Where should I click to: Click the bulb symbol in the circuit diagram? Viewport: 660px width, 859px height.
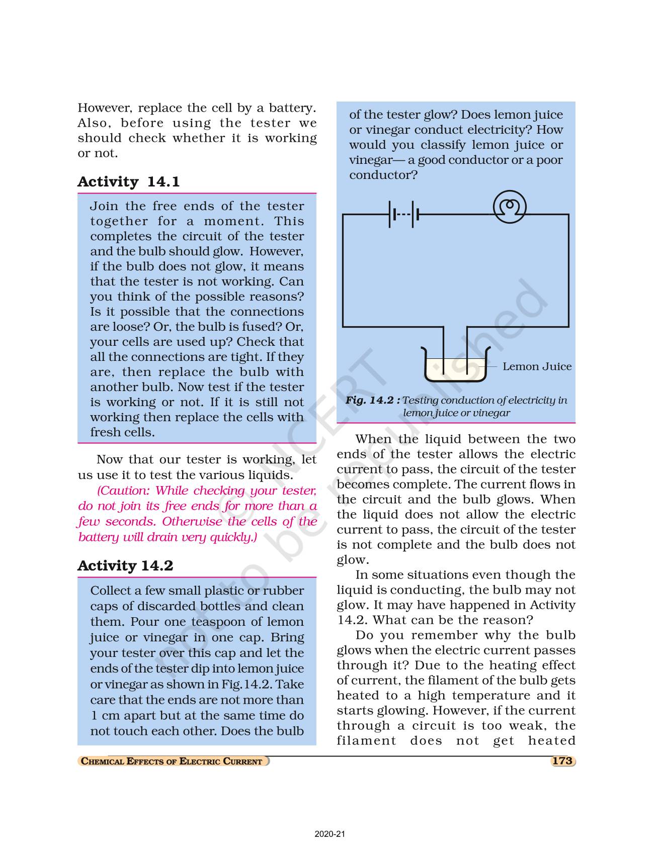(510, 207)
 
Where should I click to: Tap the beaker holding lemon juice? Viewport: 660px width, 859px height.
(456, 366)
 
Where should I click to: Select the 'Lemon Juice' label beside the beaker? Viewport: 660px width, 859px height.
(537, 366)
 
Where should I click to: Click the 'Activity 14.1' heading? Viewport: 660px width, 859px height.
(128, 181)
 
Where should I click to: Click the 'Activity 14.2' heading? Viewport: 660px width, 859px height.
(125, 565)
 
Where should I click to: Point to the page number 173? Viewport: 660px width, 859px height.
(562, 760)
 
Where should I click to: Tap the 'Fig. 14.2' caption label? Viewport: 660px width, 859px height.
(373, 400)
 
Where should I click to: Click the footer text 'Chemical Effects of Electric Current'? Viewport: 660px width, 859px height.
(172, 761)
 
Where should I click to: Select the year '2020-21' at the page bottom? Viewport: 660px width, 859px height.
(329, 834)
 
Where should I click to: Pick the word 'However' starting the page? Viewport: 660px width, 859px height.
(105, 108)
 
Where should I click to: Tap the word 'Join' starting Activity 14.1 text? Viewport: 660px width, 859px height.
(104, 206)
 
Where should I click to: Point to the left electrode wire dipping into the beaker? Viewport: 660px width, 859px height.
(444, 352)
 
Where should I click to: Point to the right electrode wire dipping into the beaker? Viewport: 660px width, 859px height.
(467, 352)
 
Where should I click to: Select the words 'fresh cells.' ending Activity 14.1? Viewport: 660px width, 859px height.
(122, 432)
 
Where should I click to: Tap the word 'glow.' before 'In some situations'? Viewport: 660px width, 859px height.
(353, 560)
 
